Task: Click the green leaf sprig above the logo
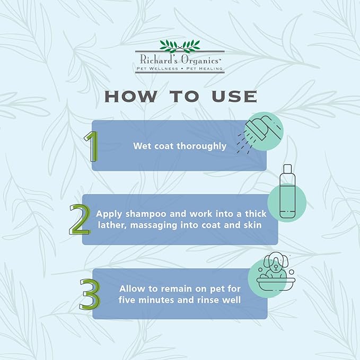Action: click(x=180, y=46)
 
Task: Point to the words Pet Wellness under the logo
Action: click(x=157, y=68)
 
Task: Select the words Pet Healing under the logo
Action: click(x=204, y=68)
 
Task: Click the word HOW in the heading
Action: click(x=131, y=96)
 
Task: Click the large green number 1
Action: click(x=92, y=146)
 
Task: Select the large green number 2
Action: click(x=80, y=219)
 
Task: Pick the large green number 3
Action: click(x=90, y=294)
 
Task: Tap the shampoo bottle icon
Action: click(x=287, y=191)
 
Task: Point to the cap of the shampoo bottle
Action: click(x=287, y=169)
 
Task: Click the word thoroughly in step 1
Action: click(x=201, y=146)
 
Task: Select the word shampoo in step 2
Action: click(x=146, y=214)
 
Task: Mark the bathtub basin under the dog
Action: click(x=276, y=284)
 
